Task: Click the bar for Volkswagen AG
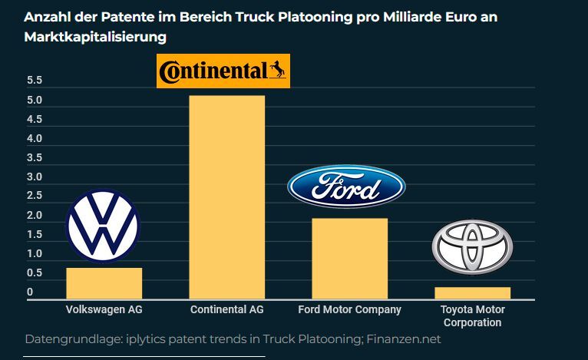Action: pos(104,283)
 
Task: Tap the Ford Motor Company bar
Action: pos(349,259)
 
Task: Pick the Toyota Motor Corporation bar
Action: pos(472,292)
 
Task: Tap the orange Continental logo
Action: pos(223,71)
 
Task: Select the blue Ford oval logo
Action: pos(346,187)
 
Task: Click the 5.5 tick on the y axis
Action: pos(35,81)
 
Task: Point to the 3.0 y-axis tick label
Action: pos(35,177)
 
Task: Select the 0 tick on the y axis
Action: pos(30,292)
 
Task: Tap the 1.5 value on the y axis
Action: pos(35,235)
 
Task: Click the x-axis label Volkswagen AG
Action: pos(104,310)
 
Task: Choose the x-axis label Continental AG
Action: pos(226,310)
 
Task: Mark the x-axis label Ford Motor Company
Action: pos(349,310)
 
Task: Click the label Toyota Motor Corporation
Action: pos(472,316)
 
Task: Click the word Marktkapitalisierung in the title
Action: pos(95,36)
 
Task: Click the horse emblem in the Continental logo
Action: pos(276,71)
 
